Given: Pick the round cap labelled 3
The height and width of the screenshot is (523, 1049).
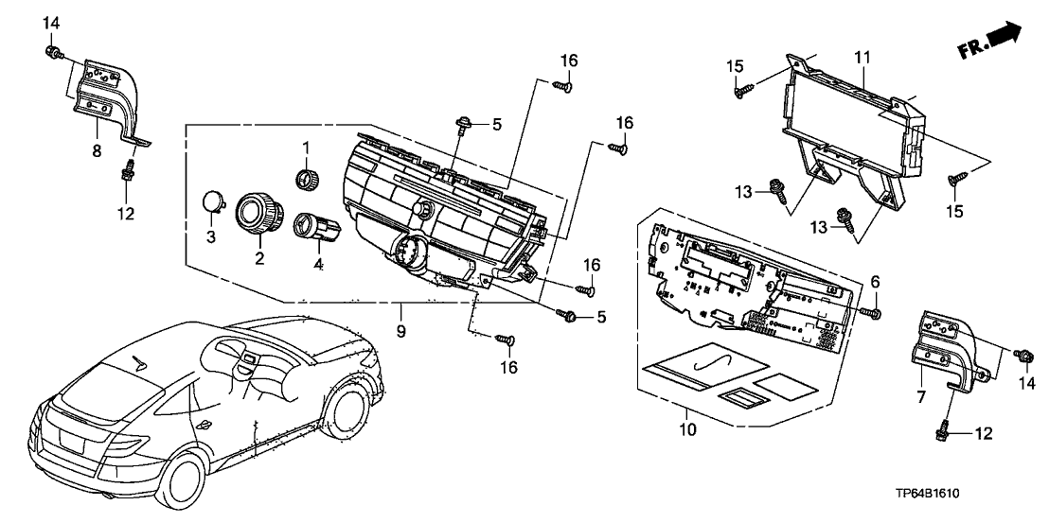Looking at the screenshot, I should click(x=215, y=200).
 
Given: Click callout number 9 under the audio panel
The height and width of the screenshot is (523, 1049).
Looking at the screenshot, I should click(x=400, y=331).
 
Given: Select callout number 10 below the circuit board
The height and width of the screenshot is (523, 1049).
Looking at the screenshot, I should click(x=687, y=430).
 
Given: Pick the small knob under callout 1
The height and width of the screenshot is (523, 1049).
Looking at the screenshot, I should click(x=307, y=178).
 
